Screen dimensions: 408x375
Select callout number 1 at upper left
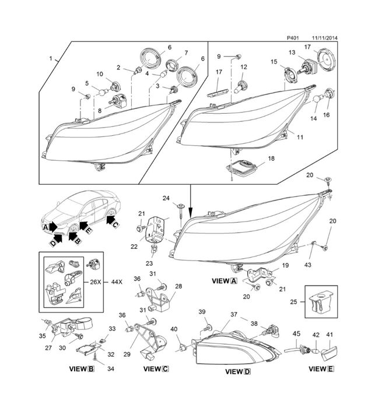(51, 59)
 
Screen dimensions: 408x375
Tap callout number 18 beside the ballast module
(271, 159)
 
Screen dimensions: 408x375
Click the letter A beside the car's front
(45, 226)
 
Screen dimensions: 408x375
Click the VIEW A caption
(225, 281)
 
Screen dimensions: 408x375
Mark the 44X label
(116, 282)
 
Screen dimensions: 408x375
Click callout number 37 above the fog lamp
(234, 314)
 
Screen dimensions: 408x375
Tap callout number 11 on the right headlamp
(300, 138)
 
